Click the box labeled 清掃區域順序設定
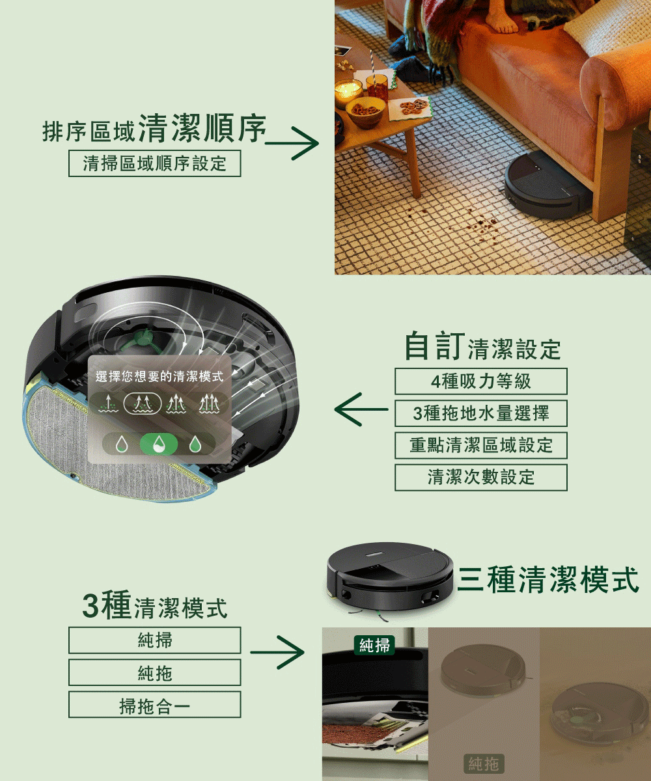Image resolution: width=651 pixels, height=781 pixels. point(154,163)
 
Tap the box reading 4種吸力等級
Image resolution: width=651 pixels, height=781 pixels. point(480,381)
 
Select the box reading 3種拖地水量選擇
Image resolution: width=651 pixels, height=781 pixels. point(480,413)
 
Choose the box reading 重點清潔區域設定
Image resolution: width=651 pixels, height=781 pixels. point(480,445)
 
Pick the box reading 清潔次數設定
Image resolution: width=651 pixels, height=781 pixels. point(480,477)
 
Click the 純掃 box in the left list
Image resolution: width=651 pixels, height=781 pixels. point(154,640)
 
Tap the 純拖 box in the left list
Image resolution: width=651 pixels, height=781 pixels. point(154,672)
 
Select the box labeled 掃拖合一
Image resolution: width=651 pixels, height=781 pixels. point(154,705)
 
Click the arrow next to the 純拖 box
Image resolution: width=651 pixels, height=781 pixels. point(277,651)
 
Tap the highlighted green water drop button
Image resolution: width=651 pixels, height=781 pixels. point(159,445)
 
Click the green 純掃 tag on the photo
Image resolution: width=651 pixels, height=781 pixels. point(375,645)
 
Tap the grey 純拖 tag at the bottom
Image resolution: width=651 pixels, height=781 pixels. point(484,763)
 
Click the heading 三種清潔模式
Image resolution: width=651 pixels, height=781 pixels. point(548,579)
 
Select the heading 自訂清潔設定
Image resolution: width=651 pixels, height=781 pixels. point(482,347)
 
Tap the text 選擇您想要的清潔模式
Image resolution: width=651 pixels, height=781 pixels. point(159,376)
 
